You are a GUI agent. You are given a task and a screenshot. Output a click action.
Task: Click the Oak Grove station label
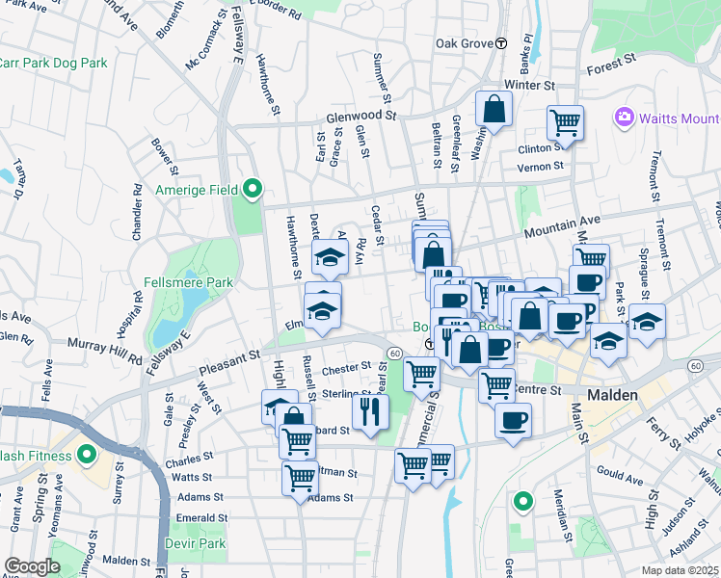coord(464,43)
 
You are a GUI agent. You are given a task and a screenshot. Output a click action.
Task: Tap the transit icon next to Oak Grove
coord(501,43)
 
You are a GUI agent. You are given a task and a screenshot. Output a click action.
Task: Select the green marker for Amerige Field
coord(253,189)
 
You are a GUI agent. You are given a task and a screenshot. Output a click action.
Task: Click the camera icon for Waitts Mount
coord(624,118)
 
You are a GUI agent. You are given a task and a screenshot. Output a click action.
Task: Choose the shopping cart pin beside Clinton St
coord(566,123)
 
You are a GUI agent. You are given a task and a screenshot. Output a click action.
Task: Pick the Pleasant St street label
coord(229,362)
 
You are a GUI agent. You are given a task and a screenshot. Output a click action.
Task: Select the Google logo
coord(32,566)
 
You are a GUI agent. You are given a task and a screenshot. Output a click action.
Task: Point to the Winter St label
coord(529,85)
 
